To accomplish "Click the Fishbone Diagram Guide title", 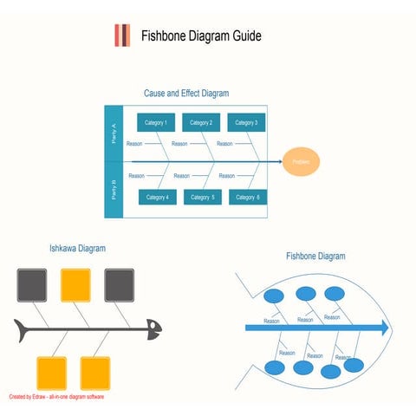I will coord(201,36).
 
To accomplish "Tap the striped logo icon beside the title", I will coord(122,36).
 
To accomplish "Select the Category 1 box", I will coord(156,123).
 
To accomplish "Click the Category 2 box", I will coord(201,123).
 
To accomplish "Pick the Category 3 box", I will coord(246,123).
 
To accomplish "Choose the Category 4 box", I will coord(157,197).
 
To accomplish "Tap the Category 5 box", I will coord(202,197).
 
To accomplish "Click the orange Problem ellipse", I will coord(301,161).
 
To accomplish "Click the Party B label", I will coord(114,189).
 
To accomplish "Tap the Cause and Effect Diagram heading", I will coord(186,93).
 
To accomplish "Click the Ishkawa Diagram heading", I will coord(77,249).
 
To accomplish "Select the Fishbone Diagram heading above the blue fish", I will coord(315,257).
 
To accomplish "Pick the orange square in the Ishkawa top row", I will coord(75,284).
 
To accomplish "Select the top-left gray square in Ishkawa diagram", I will coord(32,284).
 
